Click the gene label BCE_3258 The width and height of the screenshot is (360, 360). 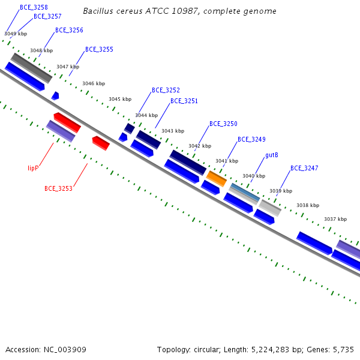click(34, 7)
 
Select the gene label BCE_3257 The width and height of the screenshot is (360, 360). click(47, 16)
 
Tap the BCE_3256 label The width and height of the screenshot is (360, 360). click(69, 30)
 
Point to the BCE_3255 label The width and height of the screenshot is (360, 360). click(99, 49)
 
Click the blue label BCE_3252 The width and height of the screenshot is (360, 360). click(166, 90)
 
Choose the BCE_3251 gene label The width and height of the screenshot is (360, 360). click(184, 101)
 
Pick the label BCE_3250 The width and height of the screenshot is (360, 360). click(223, 124)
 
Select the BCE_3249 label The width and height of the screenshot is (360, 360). click(251, 139)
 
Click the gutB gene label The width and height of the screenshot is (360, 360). click(272, 155)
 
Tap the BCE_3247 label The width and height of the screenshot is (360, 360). click(304, 168)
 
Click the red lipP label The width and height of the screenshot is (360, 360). click(33, 168)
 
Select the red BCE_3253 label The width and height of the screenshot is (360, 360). click(58, 188)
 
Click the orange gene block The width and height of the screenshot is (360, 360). click(217, 178)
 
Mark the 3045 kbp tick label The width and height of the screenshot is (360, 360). click(120, 99)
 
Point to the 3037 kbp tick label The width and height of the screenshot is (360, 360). click(335, 219)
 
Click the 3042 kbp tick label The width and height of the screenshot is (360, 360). click(200, 146)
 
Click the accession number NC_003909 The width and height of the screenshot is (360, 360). click(65, 350)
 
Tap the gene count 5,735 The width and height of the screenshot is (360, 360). click(343, 350)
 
